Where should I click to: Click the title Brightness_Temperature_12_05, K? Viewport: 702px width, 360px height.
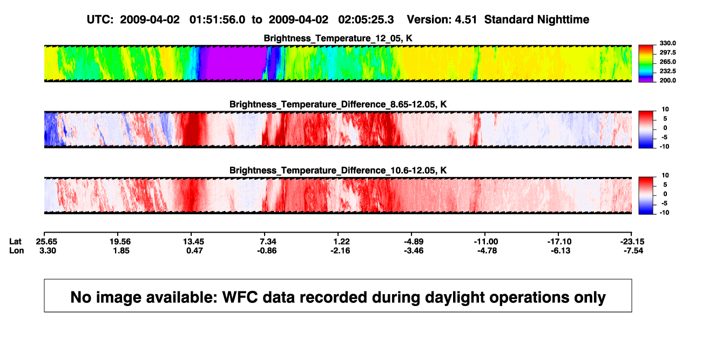tap(338, 38)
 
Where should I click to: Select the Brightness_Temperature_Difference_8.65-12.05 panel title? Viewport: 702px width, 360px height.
tap(338, 104)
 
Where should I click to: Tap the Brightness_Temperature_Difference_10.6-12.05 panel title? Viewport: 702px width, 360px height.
tap(338, 171)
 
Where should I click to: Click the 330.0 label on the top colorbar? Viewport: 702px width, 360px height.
tap(667, 43)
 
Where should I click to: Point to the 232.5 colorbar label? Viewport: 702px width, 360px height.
tap(667, 71)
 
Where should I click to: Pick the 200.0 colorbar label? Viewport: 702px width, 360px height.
tap(667, 80)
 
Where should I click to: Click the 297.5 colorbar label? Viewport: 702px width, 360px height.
tap(667, 53)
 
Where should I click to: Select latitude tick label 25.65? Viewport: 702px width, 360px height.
tap(46, 242)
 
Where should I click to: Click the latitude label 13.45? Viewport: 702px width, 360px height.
tap(193, 242)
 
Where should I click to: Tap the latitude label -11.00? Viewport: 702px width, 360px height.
tap(486, 242)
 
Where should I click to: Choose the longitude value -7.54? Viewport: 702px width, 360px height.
tap(633, 251)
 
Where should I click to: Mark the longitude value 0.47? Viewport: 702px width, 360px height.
tap(194, 251)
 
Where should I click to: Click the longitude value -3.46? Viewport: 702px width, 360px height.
tap(414, 251)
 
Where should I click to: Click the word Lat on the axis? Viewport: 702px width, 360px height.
tap(15, 242)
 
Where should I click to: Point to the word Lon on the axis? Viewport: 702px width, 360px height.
tap(16, 251)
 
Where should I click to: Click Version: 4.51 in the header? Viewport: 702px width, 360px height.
tap(442, 20)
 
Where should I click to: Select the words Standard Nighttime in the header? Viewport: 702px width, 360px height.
tap(537, 20)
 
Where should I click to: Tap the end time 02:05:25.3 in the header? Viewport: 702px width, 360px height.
tap(366, 20)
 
